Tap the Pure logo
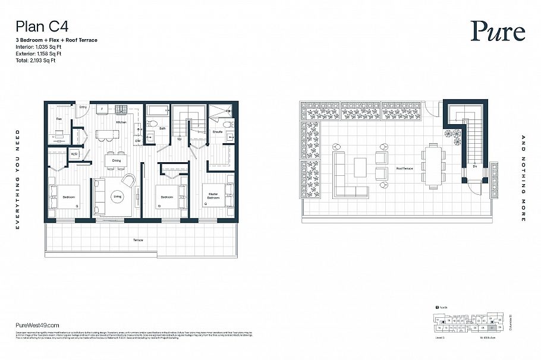pos(498,31)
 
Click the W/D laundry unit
pos(75,154)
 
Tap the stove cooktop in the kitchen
pos(121,109)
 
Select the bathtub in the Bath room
pos(157,110)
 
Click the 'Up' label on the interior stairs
pos(180,139)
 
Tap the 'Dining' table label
pos(117,160)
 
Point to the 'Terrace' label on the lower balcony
pos(138,239)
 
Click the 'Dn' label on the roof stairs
pos(475,167)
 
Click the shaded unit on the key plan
pos(492,327)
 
